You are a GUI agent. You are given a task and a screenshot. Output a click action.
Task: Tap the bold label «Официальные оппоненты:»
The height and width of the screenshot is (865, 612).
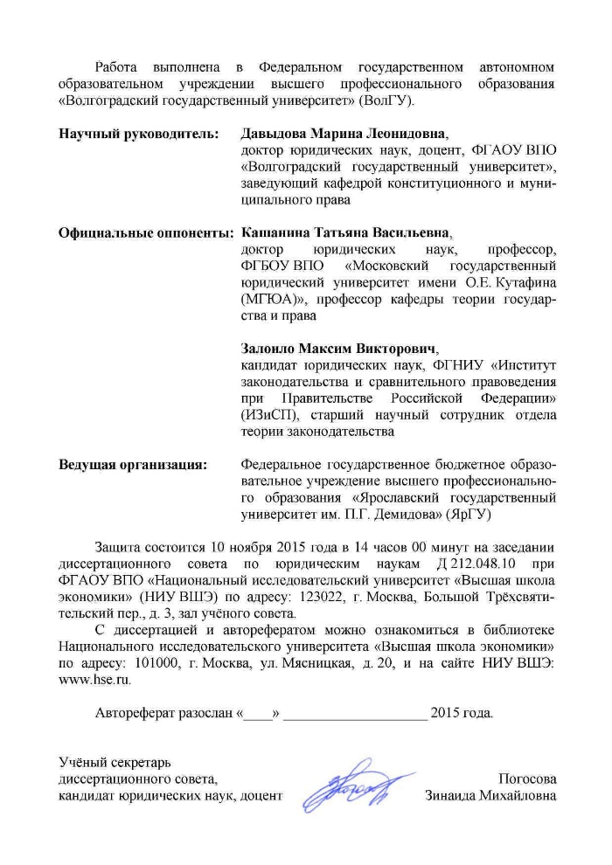(x=145, y=233)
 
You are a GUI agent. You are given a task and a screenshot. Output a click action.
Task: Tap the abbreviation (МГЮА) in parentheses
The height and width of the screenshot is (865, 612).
(x=267, y=300)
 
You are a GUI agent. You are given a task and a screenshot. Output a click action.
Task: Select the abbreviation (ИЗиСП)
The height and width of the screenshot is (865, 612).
(x=269, y=415)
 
